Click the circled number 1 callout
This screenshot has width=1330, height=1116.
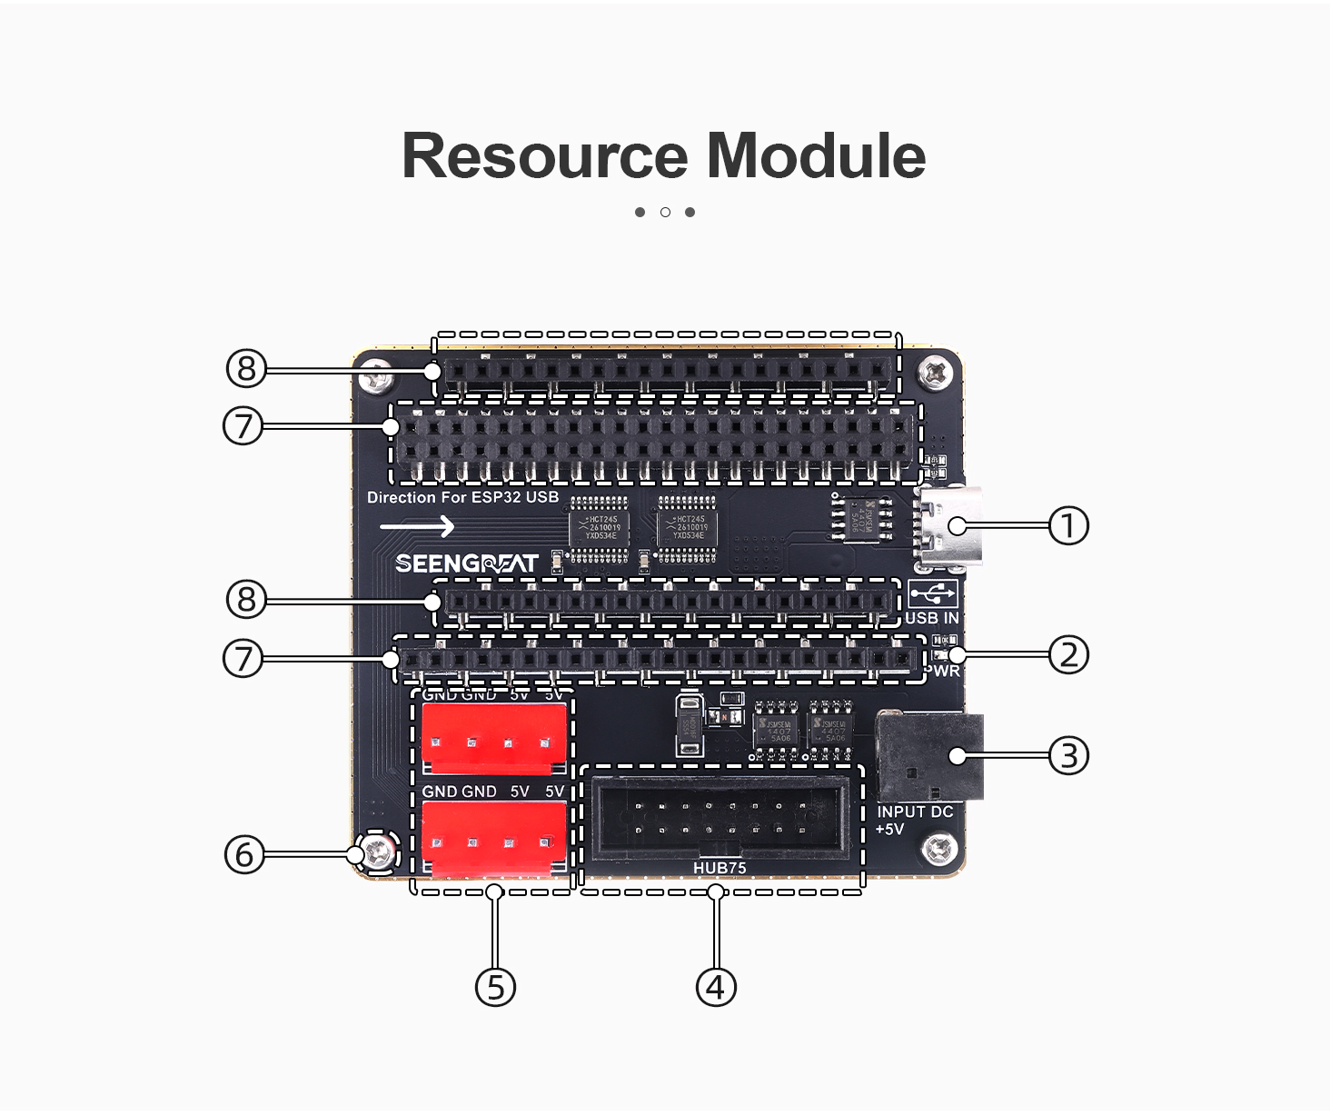click(x=1068, y=525)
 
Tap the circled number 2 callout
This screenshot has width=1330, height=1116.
click(x=1068, y=654)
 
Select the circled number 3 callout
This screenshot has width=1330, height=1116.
click(x=1068, y=755)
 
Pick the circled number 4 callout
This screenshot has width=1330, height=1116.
click(x=716, y=987)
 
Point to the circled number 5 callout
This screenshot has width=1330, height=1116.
click(x=495, y=987)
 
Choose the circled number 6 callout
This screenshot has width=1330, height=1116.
click(x=243, y=854)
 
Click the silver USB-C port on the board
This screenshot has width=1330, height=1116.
click(x=950, y=526)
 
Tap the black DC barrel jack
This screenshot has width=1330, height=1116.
click(x=930, y=756)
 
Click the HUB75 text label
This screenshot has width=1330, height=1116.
click(x=720, y=868)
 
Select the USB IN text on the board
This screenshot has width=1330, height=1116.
click(x=931, y=618)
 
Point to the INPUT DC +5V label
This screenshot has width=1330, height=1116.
click(x=913, y=820)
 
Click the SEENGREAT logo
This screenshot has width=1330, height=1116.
click(x=467, y=563)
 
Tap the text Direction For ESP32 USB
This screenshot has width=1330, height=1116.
click(x=462, y=497)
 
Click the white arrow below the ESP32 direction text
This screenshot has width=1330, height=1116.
click(x=417, y=526)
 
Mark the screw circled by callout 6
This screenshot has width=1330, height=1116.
click(x=378, y=853)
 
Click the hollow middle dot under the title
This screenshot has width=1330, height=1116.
click(x=665, y=212)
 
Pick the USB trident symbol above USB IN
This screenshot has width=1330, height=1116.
click(x=932, y=594)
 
